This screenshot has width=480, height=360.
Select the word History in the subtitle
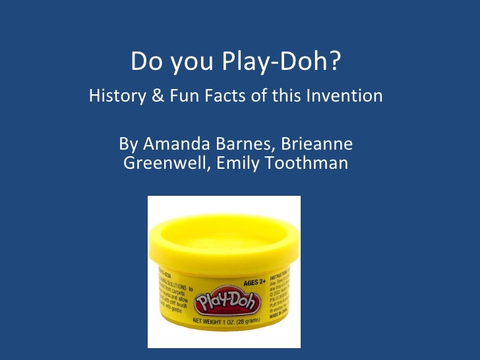(116, 96)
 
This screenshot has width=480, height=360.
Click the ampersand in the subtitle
(157, 96)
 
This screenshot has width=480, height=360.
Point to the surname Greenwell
(164, 162)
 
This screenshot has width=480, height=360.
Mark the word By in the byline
(127, 144)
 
